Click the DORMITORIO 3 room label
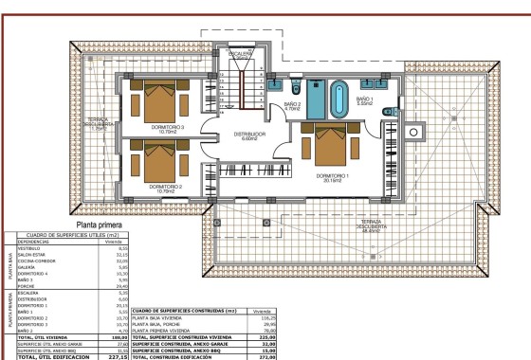165,128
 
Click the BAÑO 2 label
292,106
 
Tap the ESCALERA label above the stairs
243,53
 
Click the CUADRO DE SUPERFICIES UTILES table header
64,235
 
